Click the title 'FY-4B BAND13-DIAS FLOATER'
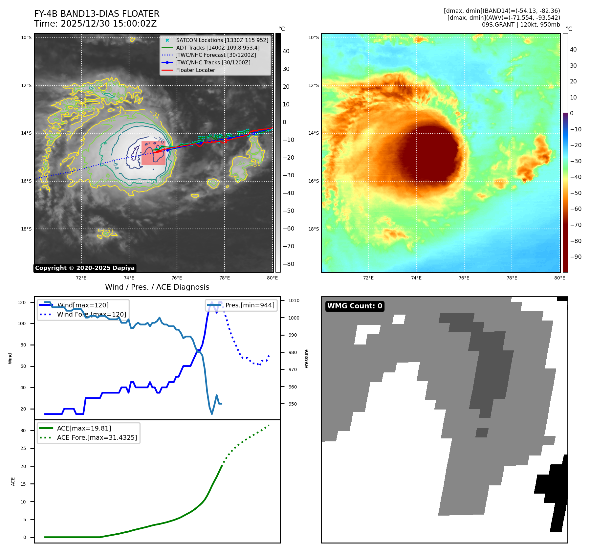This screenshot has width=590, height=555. point(97,14)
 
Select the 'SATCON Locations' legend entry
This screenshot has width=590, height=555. point(222,40)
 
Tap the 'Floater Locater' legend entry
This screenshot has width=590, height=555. point(195,70)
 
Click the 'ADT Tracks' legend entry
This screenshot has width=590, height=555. point(218,48)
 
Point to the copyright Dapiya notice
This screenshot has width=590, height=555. point(85,268)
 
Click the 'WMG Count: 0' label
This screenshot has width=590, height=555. point(355,306)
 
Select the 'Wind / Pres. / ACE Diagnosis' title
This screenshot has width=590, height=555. point(157,287)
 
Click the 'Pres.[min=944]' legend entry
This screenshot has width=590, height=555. point(250,305)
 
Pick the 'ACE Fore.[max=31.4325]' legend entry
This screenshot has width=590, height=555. point(97,437)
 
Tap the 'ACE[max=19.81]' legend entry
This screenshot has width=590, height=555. point(84,428)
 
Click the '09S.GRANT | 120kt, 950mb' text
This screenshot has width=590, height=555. point(521,25)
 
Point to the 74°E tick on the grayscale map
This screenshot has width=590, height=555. point(129,278)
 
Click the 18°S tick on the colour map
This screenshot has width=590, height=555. point(313,229)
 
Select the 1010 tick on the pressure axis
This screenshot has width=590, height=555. point(294,300)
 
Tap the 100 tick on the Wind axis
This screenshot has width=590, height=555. point(22,323)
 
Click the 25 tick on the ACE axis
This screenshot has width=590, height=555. point(23,448)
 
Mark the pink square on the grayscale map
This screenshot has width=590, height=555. point(153,153)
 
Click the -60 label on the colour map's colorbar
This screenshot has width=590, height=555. point(576,209)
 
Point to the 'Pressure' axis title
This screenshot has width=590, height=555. point(306,359)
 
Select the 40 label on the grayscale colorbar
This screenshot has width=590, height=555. point(286,51)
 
